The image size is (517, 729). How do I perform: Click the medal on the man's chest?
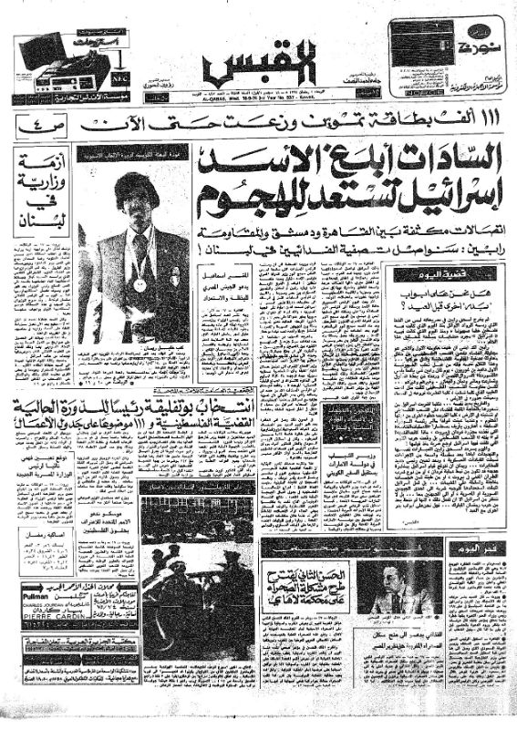pos(139,284)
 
